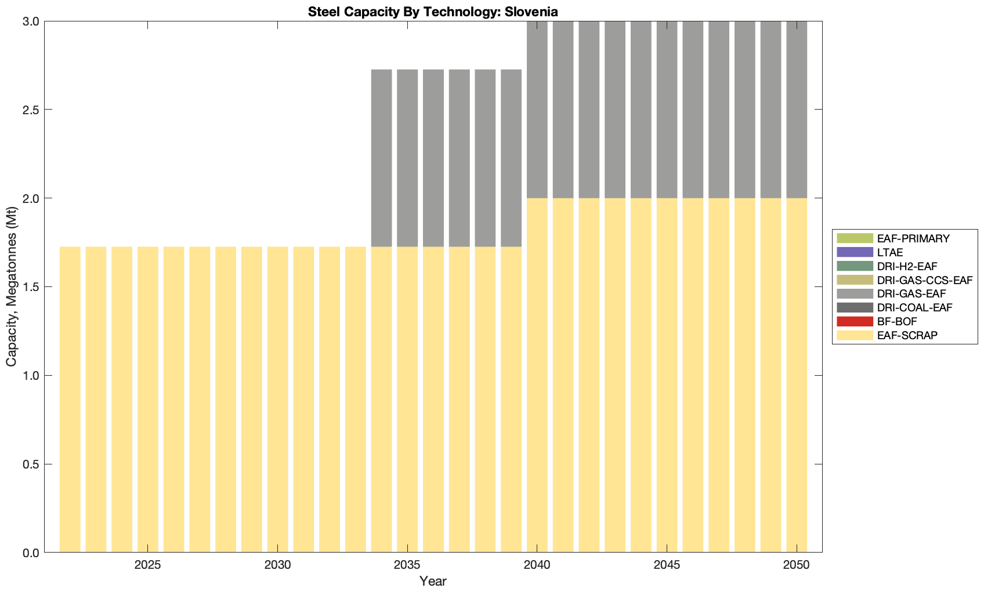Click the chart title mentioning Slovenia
433,12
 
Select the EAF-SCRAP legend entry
907,335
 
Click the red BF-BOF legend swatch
855,321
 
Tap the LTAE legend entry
890,252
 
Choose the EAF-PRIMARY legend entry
913,238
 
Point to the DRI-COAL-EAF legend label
914,307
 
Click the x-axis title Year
433,581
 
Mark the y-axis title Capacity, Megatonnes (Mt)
12,287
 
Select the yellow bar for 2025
148,400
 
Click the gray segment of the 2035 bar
407,158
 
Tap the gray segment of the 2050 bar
797,110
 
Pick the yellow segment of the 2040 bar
537,377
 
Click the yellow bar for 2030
277,400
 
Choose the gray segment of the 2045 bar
667,110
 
